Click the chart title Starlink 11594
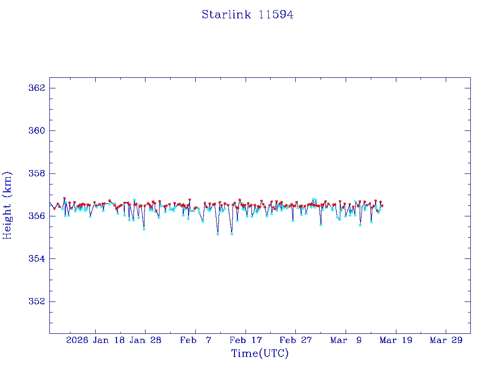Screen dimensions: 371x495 (x=247, y=14)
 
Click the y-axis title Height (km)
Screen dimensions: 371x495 (x=7, y=205)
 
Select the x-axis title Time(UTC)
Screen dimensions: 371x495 (x=260, y=354)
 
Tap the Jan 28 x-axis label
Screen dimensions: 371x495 (x=145, y=341)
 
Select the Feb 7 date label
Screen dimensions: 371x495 (x=195, y=341)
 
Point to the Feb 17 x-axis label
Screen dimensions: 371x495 (x=245, y=341)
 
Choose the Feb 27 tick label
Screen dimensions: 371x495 (x=295, y=341)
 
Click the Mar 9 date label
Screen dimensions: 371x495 (x=346, y=341)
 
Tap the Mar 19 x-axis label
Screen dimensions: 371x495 (x=396, y=341)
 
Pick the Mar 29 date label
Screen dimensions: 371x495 (x=446, y=341)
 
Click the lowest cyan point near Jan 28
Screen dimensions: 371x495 (x=144, y=229)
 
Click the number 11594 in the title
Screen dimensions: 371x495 (x=276, y=14)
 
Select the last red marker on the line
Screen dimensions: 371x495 (x=382, y=205)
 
